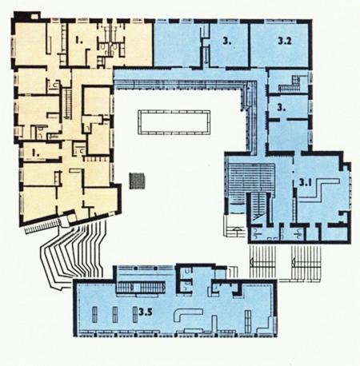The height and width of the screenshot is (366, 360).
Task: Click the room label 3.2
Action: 285,41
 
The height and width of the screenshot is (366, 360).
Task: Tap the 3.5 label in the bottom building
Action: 146,312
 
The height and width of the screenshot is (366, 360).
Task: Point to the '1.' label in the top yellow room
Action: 79,41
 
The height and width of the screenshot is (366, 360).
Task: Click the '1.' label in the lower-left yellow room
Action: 35,153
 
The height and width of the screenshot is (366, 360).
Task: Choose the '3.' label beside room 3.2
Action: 227,41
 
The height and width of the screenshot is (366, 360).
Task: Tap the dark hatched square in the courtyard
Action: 137,181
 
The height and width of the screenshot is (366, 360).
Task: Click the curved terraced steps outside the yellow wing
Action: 74,253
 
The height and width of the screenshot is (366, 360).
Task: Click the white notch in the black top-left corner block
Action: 34,16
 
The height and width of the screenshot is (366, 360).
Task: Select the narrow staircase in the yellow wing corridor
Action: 69,103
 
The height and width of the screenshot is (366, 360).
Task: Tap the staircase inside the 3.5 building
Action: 141,288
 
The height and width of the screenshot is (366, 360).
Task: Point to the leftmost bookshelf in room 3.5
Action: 94,315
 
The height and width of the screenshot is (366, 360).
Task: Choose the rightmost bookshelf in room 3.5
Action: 248,319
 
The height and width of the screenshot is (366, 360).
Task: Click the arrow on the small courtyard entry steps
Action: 237,229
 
